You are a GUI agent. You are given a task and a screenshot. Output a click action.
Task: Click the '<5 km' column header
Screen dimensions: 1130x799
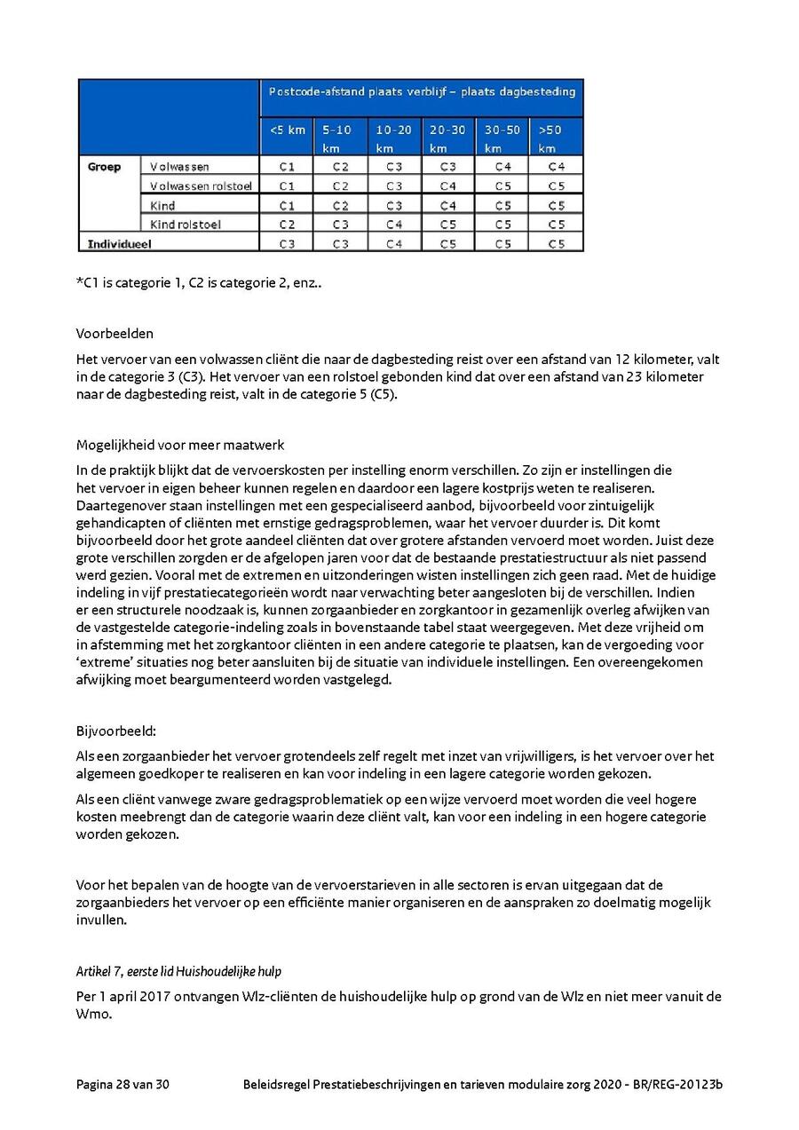287,130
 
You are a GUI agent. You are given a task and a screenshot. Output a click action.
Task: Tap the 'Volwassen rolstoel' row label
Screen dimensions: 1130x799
201,186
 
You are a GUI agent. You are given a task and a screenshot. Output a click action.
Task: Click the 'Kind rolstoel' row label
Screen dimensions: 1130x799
186,224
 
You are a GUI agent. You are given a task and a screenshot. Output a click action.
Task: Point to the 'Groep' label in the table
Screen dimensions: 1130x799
104,166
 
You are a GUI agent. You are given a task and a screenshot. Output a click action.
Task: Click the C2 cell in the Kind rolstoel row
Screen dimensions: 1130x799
287,224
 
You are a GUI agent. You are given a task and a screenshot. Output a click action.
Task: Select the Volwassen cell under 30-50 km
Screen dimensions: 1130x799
502,166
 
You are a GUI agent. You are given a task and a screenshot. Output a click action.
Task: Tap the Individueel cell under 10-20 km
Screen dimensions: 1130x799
394,242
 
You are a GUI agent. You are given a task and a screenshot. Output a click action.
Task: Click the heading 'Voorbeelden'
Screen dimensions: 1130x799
115,334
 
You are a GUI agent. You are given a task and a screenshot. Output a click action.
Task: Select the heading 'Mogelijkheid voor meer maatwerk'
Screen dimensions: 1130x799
180,445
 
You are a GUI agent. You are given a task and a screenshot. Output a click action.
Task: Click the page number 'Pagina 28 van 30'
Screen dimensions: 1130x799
123,1085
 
